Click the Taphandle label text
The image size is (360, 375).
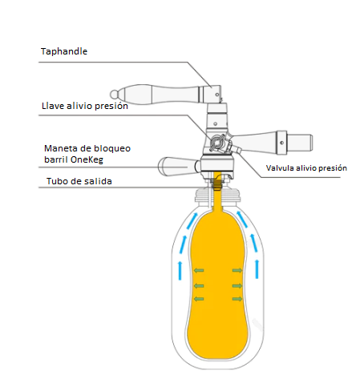coord(64,51)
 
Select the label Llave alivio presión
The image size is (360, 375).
coord(85,106)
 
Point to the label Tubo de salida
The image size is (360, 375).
coord(79,181)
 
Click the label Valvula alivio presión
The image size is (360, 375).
coord(306,168)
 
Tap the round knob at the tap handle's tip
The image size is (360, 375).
coord(114,95)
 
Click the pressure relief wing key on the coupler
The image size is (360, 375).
coord(216,143)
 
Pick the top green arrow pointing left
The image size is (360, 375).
coord(199,271)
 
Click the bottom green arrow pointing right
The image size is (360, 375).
coord(237,299)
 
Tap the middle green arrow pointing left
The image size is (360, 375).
coord(199,286)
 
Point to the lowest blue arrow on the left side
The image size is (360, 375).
coord(180,271)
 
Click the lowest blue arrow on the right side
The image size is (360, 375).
coord(257,269)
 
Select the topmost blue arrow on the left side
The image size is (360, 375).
coord(192,220)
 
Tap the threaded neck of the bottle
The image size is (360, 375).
coord(217,196)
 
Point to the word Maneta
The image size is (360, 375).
coord(58,148)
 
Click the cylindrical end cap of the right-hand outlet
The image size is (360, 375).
coord(299,143)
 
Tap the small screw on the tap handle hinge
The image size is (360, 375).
coord(217,95)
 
